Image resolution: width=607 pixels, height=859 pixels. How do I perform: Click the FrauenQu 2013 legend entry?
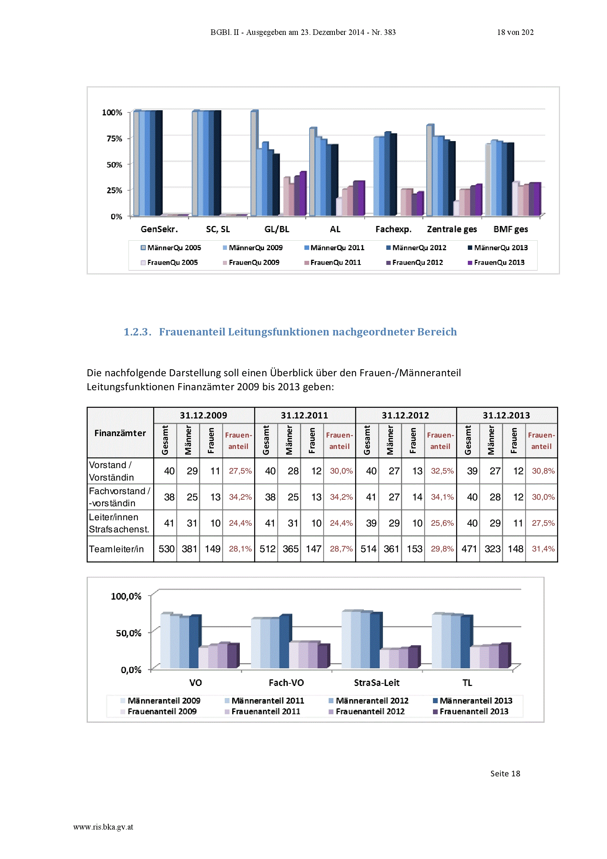click(496, 263)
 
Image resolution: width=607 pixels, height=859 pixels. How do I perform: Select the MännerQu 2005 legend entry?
click(171, 248)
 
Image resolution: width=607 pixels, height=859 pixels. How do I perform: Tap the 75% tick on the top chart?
click(115, 139)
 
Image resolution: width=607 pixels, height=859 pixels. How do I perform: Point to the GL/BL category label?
click(277, 229)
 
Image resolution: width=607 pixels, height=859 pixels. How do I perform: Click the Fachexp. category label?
click(393, 229)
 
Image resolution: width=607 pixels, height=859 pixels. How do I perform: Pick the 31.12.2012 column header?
click(405, 415)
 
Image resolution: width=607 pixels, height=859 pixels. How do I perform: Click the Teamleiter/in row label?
click(116, 549)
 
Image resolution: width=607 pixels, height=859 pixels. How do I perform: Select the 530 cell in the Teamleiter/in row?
click(166, 549)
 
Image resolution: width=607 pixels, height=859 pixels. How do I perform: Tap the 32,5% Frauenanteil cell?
click(442, 471)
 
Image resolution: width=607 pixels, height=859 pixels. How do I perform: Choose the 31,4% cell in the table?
click(543, 549)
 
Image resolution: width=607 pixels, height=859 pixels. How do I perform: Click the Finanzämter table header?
click(120, 433)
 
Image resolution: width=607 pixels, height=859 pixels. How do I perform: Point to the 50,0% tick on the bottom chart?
click(128, 633)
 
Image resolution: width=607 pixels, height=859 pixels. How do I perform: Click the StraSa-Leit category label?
click(377, 683)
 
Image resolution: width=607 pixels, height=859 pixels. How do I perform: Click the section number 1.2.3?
click(138, 332)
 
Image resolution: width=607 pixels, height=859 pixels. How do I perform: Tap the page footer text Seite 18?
click(505, 774)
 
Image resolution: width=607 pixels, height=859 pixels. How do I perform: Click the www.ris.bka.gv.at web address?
click(103, 827)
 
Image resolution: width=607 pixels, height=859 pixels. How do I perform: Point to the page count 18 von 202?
click(515, 32)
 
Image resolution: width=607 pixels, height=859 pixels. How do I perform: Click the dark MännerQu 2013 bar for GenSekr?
click(159, 163)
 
